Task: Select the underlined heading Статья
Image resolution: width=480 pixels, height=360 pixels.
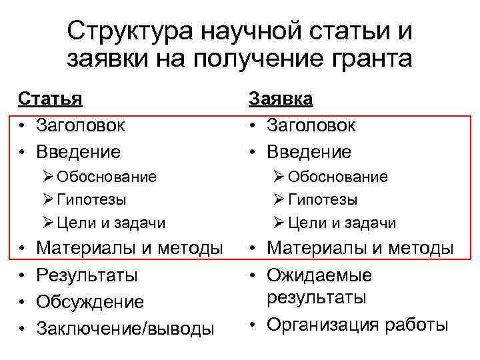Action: (x=50, y=99)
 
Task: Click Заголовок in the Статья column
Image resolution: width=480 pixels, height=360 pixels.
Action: (x=80, y=125)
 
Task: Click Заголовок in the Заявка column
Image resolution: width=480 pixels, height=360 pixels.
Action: (x=311, y=125)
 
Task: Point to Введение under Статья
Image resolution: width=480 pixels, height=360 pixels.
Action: (x=78, y=152)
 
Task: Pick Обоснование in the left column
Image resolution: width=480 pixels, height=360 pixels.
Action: (x=107, y=177)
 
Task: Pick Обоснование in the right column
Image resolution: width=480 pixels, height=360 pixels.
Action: (x=337, y=177)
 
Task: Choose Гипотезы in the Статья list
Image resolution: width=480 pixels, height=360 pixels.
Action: (x=91, y=199)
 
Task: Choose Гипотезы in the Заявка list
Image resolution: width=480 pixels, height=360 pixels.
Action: (x=322, y=199)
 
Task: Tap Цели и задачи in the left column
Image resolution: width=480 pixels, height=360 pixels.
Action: (x=111, y=223)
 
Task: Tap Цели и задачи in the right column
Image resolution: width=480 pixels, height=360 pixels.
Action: (x=341, y=223)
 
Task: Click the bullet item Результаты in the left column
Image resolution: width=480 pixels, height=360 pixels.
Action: (x=87, y=275)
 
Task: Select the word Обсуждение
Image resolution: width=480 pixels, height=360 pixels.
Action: (x=90, y=302)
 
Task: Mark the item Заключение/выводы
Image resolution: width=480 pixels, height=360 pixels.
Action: (x=125, y=329)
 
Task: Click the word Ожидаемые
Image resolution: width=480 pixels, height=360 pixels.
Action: (x=319, y=275)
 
